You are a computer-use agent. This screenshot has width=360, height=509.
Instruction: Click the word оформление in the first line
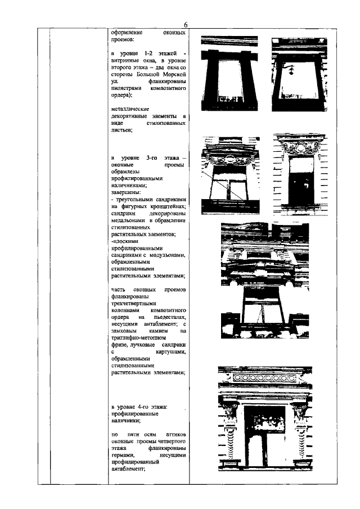click(126, 33)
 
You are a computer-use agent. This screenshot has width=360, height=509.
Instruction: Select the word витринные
click(126, 59)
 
